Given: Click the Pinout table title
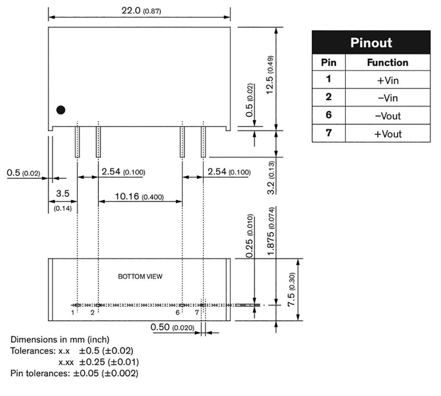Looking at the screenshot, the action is tap(371, 43).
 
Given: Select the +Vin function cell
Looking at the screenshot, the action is tap(388, 80).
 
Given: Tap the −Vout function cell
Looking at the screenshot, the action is tap(388, 116).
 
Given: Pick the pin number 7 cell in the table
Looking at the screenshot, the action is tap(329, 133).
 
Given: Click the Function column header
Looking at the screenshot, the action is tap(388, 62).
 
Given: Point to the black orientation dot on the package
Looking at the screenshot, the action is tap(61, 110).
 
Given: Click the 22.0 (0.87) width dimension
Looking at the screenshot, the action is tap(141, 11).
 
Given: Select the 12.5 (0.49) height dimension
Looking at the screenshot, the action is tap(270, 75).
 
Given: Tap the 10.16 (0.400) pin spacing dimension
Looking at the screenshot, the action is tap(139, 196).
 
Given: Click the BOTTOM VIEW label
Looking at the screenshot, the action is tap(140, 276).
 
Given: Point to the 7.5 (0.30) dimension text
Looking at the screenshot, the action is tap(292, 290).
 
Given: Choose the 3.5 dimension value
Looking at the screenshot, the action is tap(62, 193).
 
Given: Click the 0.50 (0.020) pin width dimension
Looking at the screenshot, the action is tap(172, 327).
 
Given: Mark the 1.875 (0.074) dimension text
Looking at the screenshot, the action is tap(270, 231).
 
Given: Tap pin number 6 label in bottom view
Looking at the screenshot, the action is tap(177, 312).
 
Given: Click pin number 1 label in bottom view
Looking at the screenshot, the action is tap(72, 312).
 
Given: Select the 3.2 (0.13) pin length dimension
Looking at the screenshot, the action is tap(270, 178).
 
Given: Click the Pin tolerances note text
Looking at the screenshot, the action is tap(74, 373).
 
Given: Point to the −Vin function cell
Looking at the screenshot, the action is tap(388, 98).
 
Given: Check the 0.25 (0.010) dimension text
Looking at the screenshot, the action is tap(249, 236).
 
